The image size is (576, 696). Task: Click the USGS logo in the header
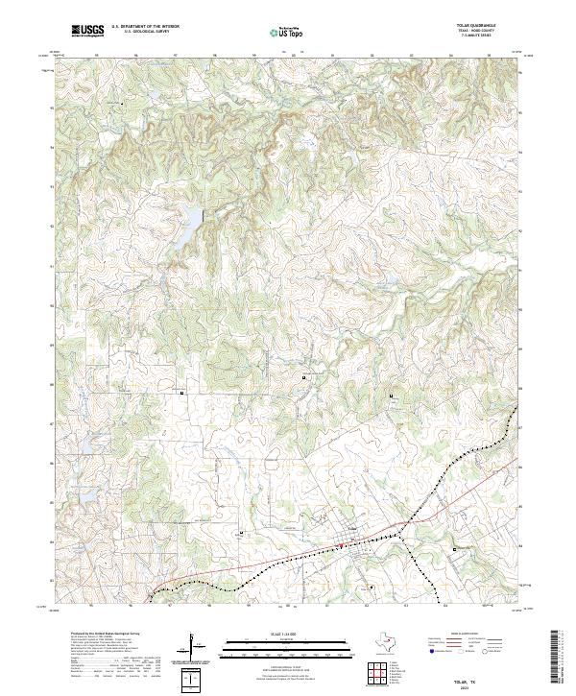pyautogui.click(x=87, y=31)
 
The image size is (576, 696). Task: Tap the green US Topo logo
pyautogui.click(x=284, y=32)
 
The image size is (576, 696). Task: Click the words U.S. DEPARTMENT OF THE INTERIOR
pyautogui.click(x=145, y=27)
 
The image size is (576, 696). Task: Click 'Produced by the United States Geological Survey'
pyautogui.click(x=106, y=635)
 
